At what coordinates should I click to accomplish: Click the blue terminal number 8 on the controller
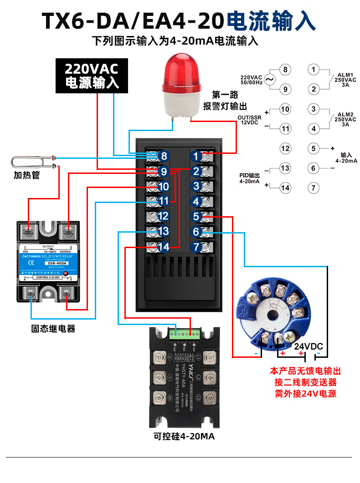coord(164,156)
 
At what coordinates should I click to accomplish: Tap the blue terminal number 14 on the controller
coord(164,247)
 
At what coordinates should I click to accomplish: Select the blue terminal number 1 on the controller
coord(196,156)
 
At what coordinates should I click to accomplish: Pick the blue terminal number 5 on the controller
coord(196,217)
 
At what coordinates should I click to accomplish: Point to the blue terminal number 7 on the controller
coord(196,247)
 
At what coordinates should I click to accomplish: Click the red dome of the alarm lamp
coord(182,69)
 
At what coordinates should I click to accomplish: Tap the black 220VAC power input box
coord(92,76)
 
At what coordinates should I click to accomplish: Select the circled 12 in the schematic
coord(285,148)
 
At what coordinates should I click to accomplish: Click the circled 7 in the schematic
coord(313,188)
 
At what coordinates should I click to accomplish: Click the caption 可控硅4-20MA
coord(184,437)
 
